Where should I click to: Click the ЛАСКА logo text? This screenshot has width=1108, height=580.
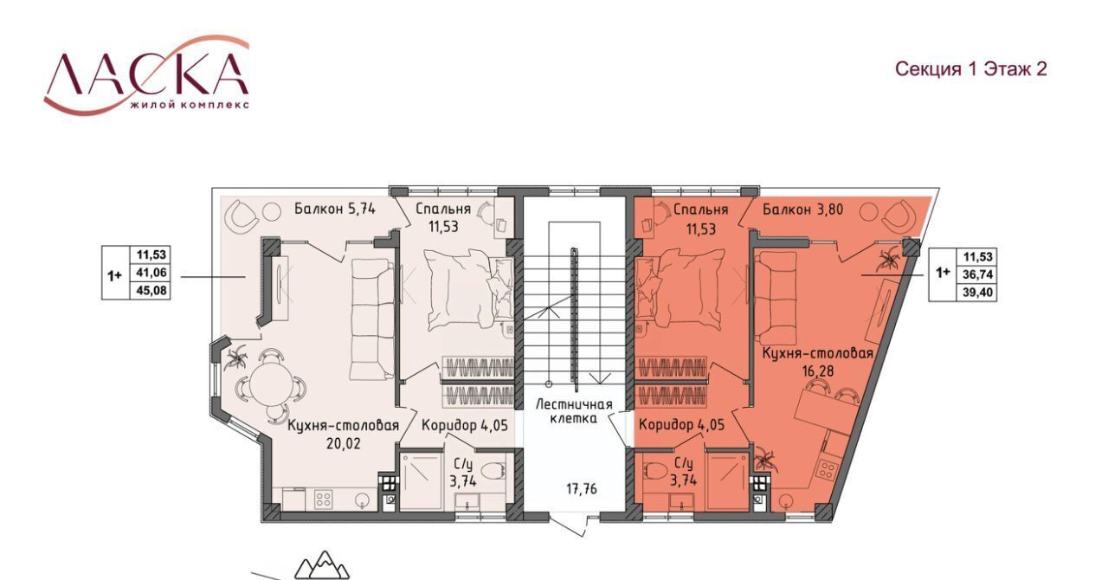point(146,74)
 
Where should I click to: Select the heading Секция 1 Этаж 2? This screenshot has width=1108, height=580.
point(971,69)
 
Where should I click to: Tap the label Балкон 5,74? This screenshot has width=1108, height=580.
point(334,209)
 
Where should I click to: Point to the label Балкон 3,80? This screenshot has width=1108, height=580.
point(802,209)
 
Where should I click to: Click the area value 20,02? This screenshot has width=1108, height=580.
point(344,443)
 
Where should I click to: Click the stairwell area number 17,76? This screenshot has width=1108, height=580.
point(582,489)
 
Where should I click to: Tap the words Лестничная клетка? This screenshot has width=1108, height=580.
point(574,411)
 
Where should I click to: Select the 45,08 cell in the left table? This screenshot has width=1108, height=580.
point(151,290)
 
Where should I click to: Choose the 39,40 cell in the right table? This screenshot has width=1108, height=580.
point(977,292)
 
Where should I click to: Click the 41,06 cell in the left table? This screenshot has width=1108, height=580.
point(151,272)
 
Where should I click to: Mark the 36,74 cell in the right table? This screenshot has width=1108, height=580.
point(977,274)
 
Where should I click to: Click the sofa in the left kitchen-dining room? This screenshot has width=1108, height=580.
point(372,319)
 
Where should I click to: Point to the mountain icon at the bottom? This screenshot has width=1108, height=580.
point(322,564)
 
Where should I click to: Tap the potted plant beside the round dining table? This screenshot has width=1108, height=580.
point(235,358)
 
